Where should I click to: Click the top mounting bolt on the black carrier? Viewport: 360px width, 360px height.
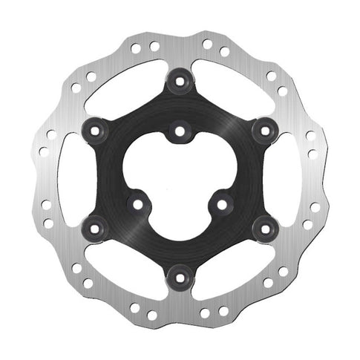coord(180,81)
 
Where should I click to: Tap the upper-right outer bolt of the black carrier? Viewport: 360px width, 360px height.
coord(264,130)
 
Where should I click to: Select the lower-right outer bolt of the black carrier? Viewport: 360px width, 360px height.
coord(264,228)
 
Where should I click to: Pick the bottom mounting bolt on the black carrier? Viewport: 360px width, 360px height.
coord(180,277)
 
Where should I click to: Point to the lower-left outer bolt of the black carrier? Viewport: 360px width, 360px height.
coord(95,228)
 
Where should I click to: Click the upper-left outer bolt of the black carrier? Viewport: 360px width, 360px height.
coord(95,130)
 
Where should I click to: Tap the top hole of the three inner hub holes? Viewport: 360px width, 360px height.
coord(180,132)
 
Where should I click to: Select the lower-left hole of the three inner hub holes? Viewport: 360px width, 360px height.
coord(137,202)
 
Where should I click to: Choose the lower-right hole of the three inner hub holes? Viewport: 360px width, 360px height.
coord(222,202)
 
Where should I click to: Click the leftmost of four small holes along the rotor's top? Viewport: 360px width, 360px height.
coord(137,50)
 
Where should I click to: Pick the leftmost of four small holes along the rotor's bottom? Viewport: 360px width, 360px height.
coord(135,307)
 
